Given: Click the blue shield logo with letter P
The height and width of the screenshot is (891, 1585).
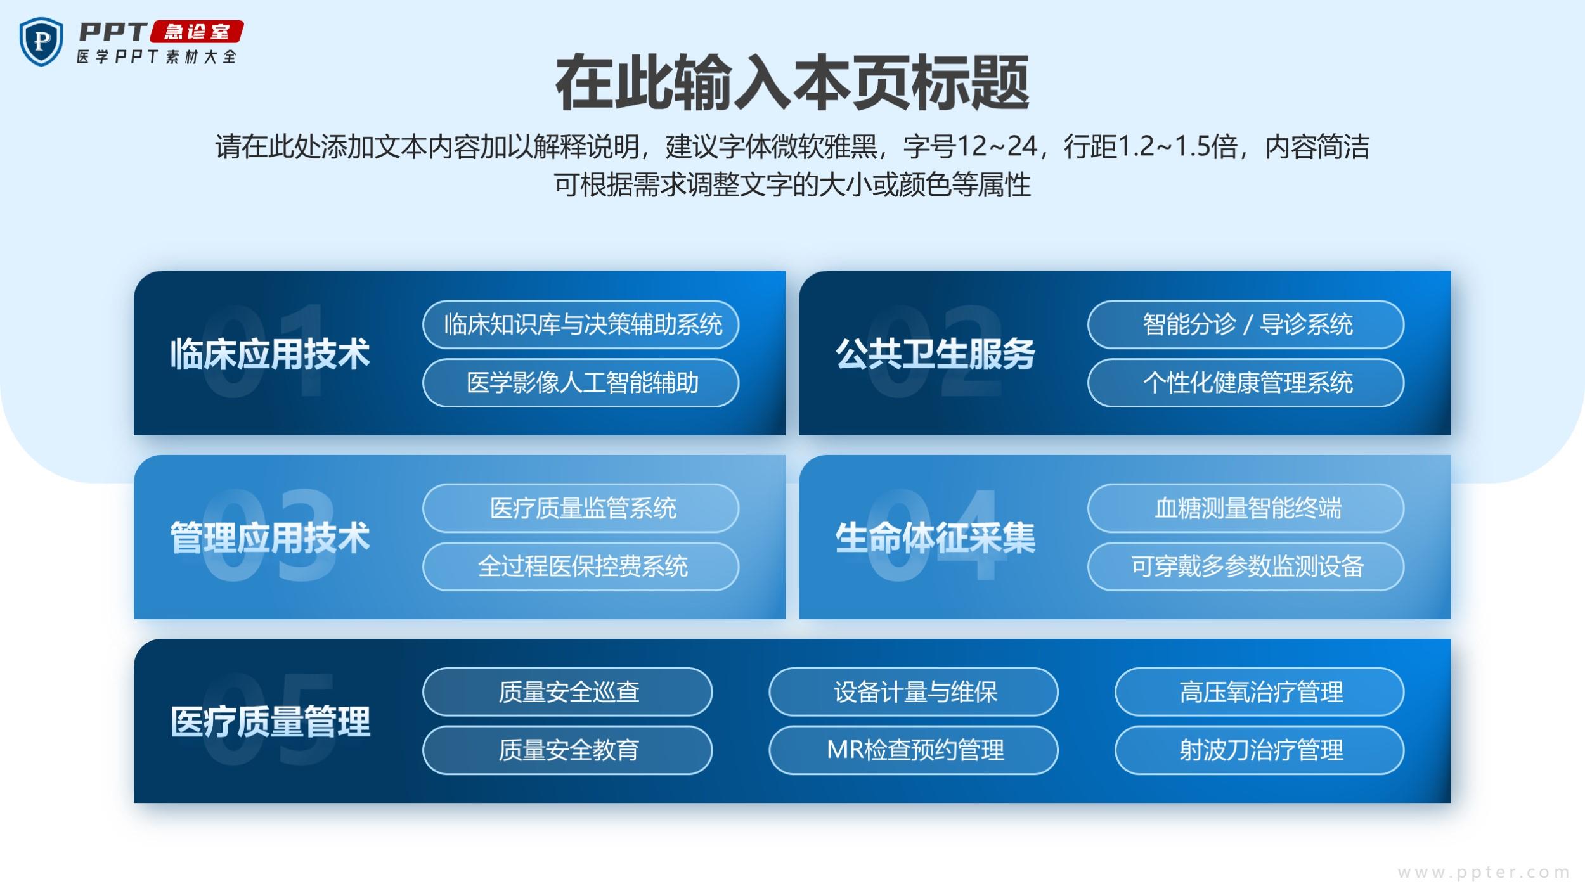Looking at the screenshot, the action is (x=41, y=42).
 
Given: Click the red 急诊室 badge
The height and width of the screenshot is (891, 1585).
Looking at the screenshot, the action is (x=197, y=32).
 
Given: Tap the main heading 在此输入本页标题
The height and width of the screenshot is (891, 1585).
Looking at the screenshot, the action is (x=792, y=83).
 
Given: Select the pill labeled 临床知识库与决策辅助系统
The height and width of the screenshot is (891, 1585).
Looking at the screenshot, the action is (x=581, y=324).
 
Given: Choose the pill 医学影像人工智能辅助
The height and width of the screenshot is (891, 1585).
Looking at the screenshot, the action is (x=581, y=383).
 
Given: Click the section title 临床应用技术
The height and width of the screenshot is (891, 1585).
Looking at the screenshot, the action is (x=270, y=354).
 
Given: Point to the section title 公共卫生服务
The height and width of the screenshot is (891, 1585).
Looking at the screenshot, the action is (x=935, y=354).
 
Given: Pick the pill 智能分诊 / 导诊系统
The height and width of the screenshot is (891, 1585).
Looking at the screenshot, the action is (x=1246, y=324).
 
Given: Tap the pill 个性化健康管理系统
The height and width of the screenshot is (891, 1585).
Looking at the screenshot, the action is (x=1246, y=383).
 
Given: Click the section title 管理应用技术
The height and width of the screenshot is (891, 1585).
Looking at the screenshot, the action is (x=270, y=537).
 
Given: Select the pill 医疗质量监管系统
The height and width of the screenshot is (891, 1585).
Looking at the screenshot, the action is (x=581, y=508).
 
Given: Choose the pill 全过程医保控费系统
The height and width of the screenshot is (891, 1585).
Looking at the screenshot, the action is (x=581, y=567).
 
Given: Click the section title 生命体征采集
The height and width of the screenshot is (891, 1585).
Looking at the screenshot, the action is (x=935, y=537).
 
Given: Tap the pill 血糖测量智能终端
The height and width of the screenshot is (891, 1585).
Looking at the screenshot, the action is (x=1246, y=508).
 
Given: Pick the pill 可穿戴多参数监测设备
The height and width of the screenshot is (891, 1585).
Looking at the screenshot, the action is (x=1246, y=567).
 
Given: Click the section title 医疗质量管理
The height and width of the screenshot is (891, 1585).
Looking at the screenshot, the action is (x=270, y=721).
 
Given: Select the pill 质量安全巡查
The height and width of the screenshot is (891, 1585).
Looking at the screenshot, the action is (x=567, y=692).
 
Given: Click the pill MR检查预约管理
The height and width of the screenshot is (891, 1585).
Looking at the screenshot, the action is (x=914, y=750).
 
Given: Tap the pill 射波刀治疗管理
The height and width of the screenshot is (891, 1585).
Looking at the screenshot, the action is (x=1260, y=750).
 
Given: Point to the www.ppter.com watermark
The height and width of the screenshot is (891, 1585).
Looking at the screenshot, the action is (x=1484, y=873).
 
